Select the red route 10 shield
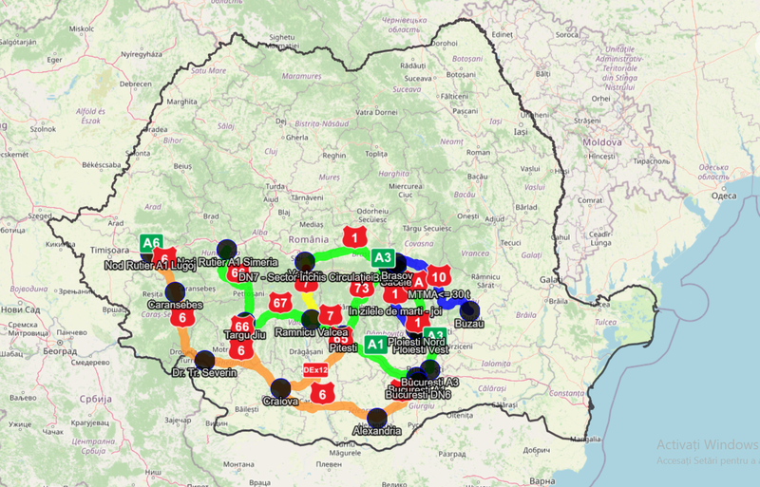click(x=438, y=276)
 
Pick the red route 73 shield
click(x=360, y=288)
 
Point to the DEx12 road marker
click(x=315, y=368)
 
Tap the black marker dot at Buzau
click(x=469, y=310)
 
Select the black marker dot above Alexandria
click(x=377, y=416)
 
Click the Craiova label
click(x=282, y=402)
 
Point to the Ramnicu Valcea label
click(x=310, y=333)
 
